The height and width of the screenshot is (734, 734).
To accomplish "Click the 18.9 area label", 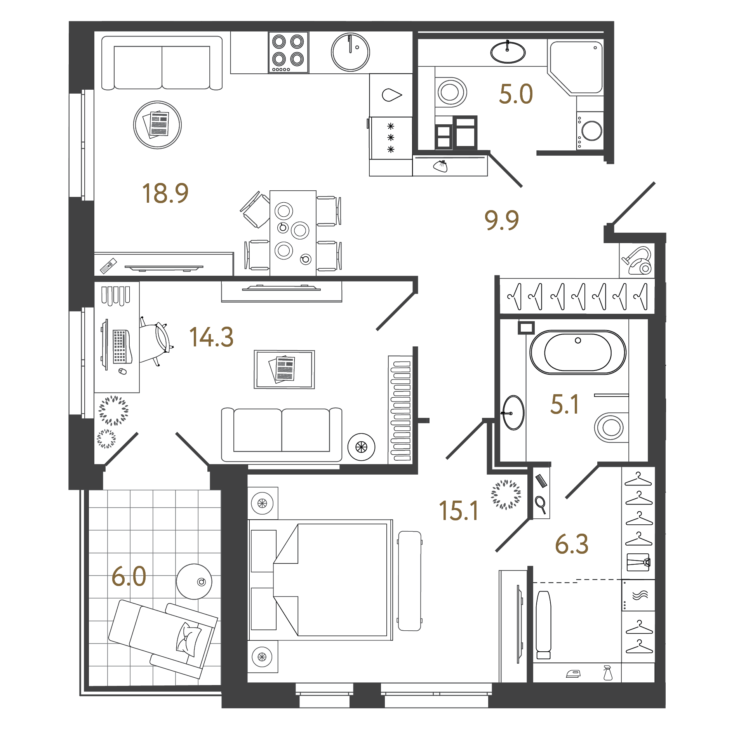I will coord(165,193).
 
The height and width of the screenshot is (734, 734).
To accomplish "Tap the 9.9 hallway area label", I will coord(501,220).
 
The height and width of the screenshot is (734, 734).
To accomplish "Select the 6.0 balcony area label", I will coord(129,577).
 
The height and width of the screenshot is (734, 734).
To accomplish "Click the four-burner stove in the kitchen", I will coord(288,52).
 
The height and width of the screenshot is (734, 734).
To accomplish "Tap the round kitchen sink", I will coord(350,52).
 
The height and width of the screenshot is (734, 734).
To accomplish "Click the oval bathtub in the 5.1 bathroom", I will coord(577,352).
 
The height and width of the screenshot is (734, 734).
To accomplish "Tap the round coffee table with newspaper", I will coord(157,125).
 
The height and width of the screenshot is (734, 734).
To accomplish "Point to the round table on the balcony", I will coord(194,581).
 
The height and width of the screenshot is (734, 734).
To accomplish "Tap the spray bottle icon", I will coord(608,673).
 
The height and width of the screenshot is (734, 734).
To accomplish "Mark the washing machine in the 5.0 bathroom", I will coord(590,131).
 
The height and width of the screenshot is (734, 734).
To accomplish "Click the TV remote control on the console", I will coord(108,266).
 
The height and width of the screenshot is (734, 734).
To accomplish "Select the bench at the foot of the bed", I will coord(410,581).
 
